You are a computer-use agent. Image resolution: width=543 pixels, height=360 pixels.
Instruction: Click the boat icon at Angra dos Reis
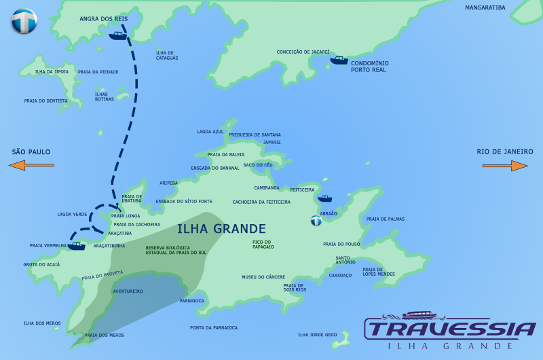[x=118, y=35]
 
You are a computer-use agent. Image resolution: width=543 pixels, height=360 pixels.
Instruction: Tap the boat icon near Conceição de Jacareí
[x=339, y=60]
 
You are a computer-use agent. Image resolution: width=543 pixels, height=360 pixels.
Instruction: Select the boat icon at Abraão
[x=325, y=198]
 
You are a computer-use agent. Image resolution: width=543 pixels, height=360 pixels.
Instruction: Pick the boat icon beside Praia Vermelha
[x=77, y=246]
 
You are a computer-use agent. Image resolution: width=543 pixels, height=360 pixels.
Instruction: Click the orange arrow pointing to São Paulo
[x=31, y=165]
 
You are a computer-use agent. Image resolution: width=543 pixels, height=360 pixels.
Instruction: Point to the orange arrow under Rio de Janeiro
[x=510, y=165]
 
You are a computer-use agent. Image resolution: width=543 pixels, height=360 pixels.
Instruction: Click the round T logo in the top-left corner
[x=24, y=21]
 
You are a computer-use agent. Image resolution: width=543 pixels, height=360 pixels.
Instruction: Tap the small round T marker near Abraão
[x=316, y=221]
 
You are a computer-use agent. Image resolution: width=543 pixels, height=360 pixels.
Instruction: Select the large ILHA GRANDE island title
[x=221, y=229]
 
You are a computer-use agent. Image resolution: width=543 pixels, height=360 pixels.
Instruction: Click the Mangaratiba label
[x=485, y=8]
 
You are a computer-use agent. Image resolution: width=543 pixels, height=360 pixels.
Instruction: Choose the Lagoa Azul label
[x=210, y=132]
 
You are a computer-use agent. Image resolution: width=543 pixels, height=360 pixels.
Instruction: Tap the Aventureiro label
[x=128, y=291]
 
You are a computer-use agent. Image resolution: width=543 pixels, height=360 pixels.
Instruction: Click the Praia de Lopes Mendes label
[x=378, y=272]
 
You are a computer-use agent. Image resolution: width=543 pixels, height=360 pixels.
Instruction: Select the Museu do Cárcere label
[x=263, y=277]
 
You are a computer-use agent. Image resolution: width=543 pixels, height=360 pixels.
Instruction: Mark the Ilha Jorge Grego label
[x=317, y=334]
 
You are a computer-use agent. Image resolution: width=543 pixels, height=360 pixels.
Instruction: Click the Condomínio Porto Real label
[x=369, y=67]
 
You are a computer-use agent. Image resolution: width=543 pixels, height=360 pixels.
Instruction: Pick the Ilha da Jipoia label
[x=52, y=71]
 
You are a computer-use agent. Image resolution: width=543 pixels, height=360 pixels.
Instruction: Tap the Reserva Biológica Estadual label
[x=176, y=250]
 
